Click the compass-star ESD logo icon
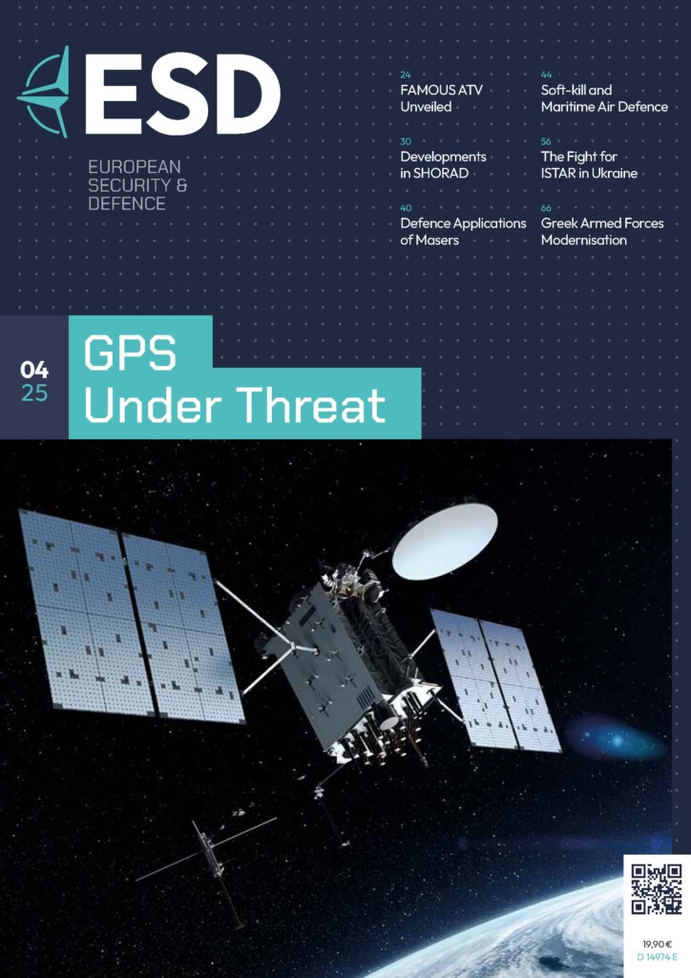pyautogui.click(x=44, y=93)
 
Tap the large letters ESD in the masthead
pyautogui.click(x=182, y=94)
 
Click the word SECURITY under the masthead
pyautogui.click(x=128, y=185)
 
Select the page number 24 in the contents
pyautogui.click(x=406, y=74)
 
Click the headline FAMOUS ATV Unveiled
pyautogui.click(x=441, y=98)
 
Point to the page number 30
pyautogui.click(x=406, y=141)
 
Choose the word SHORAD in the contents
pyautogui.click(x=441, y=174)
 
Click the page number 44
pyautogui.click(x=547, y=74)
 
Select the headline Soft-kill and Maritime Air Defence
pyautogui.click(x=604, y=98)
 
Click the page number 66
pyautogui.click(x=547, y=208)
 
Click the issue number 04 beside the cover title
pyautogui.click(x=34, y=370)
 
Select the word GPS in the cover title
pyautogui.click(x=130, y=353)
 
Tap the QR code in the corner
pyautogui.click(x=657, y=889)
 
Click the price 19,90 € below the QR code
pyautogui.click(x=657, y=945)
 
